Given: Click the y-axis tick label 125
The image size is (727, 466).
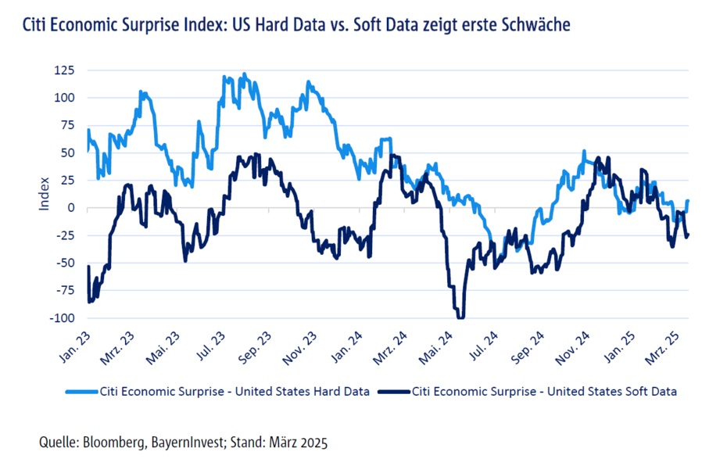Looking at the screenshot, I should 63,70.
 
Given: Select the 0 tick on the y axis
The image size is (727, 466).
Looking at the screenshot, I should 70,208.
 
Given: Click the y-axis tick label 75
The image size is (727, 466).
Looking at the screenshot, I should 66,125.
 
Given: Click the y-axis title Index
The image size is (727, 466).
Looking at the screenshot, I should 45,194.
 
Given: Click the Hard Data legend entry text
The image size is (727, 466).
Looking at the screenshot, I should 235,391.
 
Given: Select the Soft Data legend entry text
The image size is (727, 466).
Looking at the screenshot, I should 544,391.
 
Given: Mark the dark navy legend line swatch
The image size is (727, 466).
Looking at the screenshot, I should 393,391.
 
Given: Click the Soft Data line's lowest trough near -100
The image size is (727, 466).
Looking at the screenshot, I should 460,317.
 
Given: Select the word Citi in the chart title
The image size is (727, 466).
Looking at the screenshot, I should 36,25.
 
